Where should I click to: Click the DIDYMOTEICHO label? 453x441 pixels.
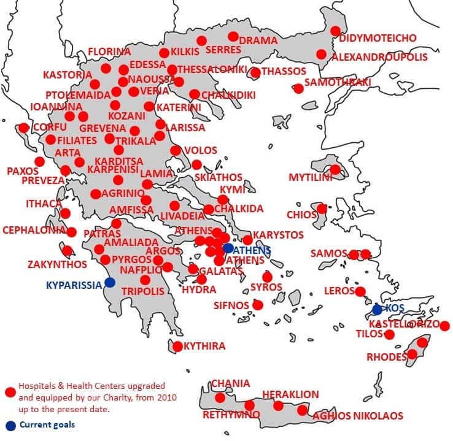(x=377, y=38)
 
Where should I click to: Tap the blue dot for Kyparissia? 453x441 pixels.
(x=110, y=282)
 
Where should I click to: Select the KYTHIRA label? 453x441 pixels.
(x=204, y=347)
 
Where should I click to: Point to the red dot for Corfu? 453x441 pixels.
(x=23, y=128)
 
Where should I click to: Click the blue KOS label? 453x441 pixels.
(x=395, y=307)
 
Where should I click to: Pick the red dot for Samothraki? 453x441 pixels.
(x=298, y=88)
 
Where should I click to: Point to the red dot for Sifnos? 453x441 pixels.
(x=258, y=305)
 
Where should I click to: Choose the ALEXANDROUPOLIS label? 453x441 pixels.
(x=379, y=57)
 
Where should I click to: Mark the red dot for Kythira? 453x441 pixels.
(x=177, y=347)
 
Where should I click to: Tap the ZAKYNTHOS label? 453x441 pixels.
(x=48, y=265)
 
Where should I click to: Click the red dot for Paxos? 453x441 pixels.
(x=40, y=161)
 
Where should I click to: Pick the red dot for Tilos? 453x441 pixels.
(x=389, y=334)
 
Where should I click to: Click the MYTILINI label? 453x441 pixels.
(x=310, y=178)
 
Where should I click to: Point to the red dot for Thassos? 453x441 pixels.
(x=255, y=73)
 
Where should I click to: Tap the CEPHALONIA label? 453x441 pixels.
(x=33, y=231)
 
